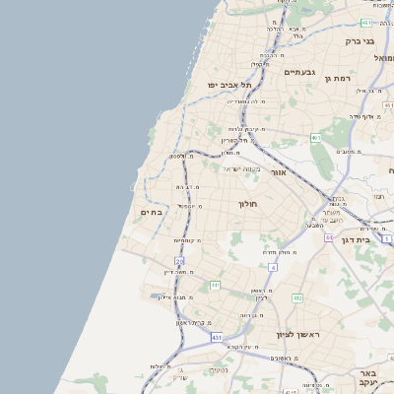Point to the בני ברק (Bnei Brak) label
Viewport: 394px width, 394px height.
tap(360, 41)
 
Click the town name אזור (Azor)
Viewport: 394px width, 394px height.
tap(278, 172)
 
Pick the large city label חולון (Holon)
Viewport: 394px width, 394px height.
tap(246, 205)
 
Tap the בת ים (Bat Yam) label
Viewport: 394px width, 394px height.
tap(151, 212)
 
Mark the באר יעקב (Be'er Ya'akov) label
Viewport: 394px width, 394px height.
tap(368, 379)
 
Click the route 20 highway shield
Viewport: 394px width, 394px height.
tap(180, 261)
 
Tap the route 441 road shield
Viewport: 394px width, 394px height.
tap(215, 285)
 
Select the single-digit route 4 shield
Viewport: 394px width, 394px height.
tap(272, 267)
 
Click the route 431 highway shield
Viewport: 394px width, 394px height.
tap(216, 337)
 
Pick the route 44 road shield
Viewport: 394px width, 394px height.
tap(329, 237)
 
